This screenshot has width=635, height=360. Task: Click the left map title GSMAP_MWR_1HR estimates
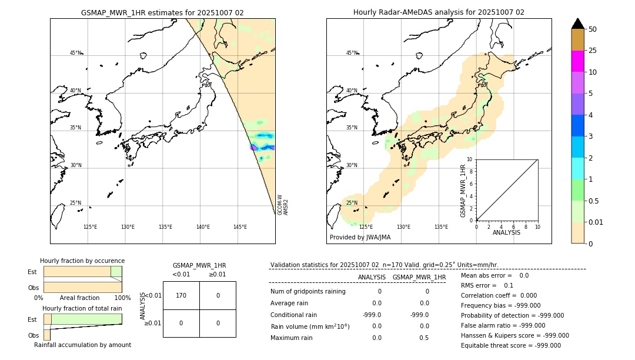point(162,12)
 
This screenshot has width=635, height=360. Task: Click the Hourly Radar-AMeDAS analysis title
point(439,12)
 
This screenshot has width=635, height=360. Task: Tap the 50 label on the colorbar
point(593,29)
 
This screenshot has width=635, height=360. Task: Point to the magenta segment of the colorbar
point(577,61)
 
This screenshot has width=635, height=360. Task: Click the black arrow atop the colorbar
point(577,24)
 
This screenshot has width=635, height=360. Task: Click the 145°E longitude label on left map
point(240,227)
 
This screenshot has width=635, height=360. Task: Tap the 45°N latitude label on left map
point(75,53)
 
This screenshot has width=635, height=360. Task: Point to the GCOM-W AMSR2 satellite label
point(283,205)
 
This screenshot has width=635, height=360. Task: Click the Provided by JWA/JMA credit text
point(360,238)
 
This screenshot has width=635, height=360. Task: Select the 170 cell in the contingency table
point(181,295)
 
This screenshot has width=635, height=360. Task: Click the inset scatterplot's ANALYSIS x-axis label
point(506,232)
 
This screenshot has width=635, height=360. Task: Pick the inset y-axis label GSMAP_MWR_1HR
point(463,191)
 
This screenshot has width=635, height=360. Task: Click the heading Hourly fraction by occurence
point(82,261)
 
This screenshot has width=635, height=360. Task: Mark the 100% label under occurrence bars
point(122,298)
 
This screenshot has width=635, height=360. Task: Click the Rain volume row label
point(310,326)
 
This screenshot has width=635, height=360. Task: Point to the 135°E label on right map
point(441,227)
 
